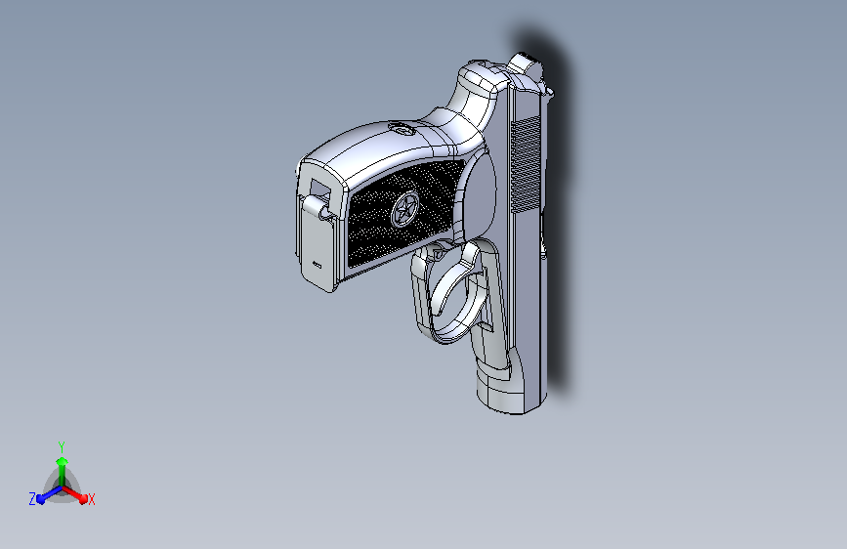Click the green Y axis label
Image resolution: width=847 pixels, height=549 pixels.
tap(62, 446)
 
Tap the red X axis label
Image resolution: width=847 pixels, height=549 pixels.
tap(91, 499)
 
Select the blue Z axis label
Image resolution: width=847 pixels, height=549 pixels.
tap(32, 499)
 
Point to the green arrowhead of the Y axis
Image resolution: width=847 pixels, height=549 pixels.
tap(63, 462)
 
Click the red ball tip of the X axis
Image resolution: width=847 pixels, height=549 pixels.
tap(83, 499)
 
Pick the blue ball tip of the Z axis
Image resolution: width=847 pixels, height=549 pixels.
tap(40, 499)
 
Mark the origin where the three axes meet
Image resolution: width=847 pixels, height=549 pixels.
tap(63, 486)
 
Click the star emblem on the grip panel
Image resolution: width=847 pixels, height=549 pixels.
tap(404, 210)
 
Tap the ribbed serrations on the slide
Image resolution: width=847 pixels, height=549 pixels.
tap(525, 164)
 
